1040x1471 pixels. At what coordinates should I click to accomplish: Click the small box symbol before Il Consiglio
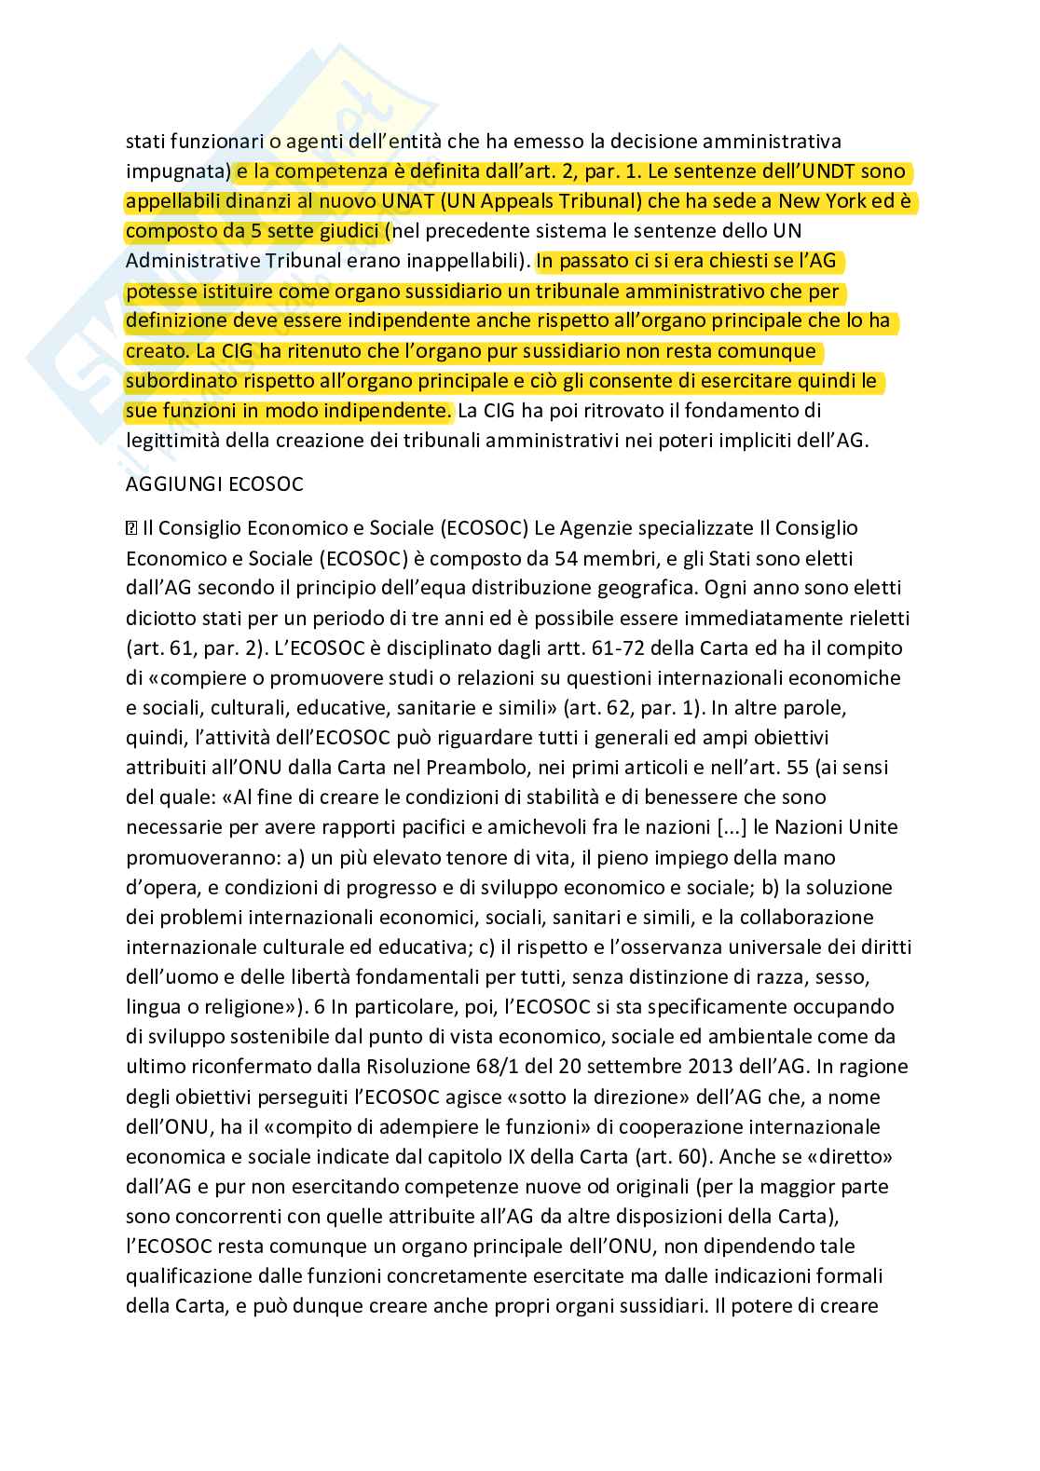coord(131,528)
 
